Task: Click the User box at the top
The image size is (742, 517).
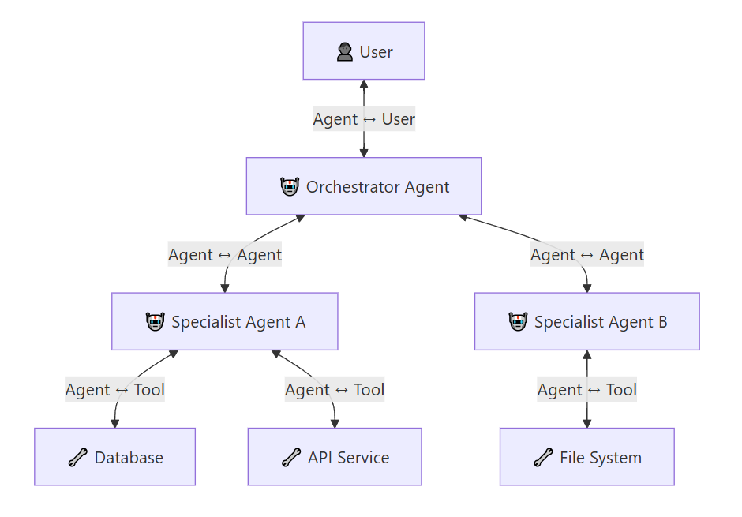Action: [x=364, y=51]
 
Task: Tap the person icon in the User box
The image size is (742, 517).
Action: [x=344, y=51]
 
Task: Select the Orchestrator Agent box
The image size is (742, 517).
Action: [x=364, y=186]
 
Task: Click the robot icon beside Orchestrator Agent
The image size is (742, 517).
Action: [x=290, y=187]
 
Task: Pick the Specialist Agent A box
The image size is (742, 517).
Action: [x=225, y=321]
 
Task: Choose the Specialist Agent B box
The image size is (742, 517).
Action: [x=586, y=321]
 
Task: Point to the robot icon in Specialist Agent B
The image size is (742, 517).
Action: [x=518, y=322]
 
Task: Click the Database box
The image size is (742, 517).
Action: [x=114, y=456]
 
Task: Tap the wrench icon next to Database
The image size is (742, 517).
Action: [x=77, y=457]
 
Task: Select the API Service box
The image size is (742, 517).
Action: [x=335, y=456]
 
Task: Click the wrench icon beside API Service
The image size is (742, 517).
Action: [x=291, y=457]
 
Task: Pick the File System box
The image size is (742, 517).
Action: [x=586, y=456]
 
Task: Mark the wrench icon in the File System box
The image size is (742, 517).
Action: [x=543, y=457]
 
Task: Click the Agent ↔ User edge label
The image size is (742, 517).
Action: [x=364, y=118]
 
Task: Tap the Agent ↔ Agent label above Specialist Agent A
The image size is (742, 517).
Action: [x=225, y=254]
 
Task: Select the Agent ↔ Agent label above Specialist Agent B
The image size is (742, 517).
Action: [x=586, y=254]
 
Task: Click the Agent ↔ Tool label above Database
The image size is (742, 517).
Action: [x=114, y=389]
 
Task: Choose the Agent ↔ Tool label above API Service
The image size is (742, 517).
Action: [x=335, y=389]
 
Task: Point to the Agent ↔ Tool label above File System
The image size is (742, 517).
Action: [x=586, y=389]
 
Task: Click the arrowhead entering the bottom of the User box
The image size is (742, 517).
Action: [x=364, y=84]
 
